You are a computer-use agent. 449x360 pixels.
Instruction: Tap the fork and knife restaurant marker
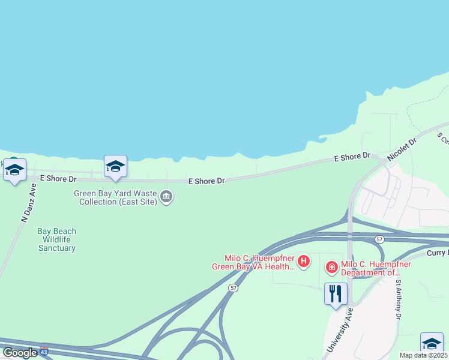(x=336, y=293)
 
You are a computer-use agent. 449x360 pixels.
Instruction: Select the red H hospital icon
(x=304, y=261)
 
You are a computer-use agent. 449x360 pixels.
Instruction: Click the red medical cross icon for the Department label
(x=331, y=268)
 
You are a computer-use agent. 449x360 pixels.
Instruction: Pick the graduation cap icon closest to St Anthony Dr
(x=432, y=343)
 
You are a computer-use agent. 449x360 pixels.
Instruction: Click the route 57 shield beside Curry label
(x=379, y=239)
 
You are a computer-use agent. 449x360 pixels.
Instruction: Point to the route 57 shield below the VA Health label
(x=233, y=288)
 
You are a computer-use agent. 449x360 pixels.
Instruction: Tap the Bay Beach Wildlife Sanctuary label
(x=57, y=239)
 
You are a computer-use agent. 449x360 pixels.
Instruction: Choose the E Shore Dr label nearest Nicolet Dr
(x=352, y=157)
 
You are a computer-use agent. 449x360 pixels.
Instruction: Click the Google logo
(x=20, y=353)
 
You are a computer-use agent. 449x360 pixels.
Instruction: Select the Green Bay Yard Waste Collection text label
(x=115, y=197)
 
